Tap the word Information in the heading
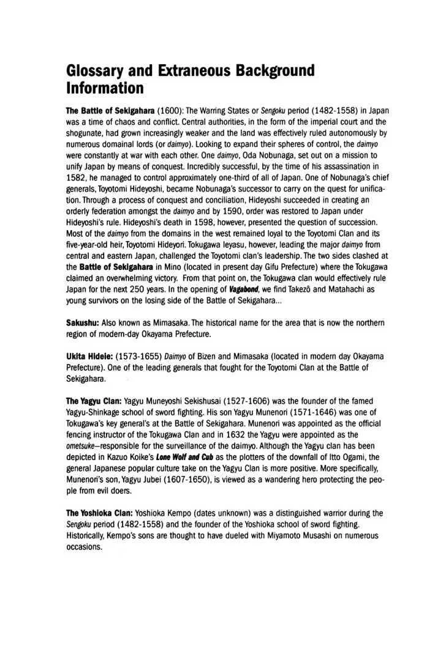tap(105, 89)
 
